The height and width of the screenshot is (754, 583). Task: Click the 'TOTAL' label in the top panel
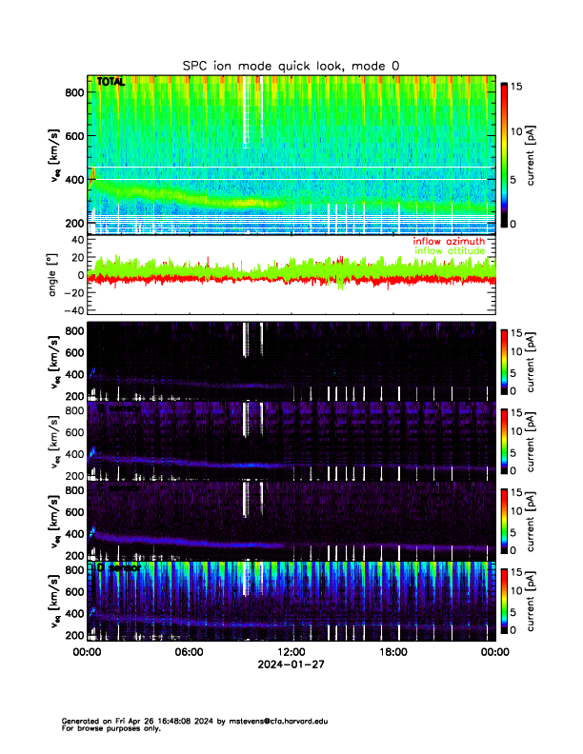(111, 83)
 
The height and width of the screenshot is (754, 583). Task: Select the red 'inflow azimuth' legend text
(449, 242)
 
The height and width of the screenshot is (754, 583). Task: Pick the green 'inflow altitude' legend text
(450, 251)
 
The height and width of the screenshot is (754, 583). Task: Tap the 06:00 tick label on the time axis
(189, 652)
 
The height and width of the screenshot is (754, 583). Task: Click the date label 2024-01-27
(291, 665)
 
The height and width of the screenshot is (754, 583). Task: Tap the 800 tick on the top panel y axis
(72, 91)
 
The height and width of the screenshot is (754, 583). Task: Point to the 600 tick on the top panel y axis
(72, 135)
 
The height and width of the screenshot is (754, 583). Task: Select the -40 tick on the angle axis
(70, 310)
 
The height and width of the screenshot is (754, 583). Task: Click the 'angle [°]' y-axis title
(53, 275)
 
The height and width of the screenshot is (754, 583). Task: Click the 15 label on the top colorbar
(519, 86)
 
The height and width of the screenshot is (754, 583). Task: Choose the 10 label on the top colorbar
(519, 130)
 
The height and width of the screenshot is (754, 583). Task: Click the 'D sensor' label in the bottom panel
(118, 567)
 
